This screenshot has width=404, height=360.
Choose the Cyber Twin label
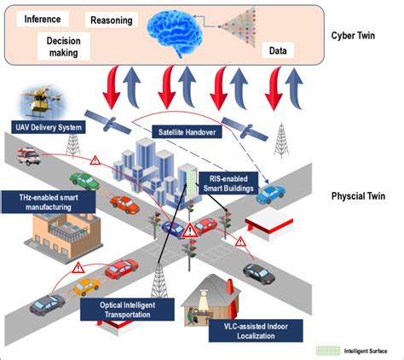[x=357, y=37]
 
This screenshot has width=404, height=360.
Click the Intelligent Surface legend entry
[x=358, y=350]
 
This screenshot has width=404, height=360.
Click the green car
[x=84, y=181]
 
